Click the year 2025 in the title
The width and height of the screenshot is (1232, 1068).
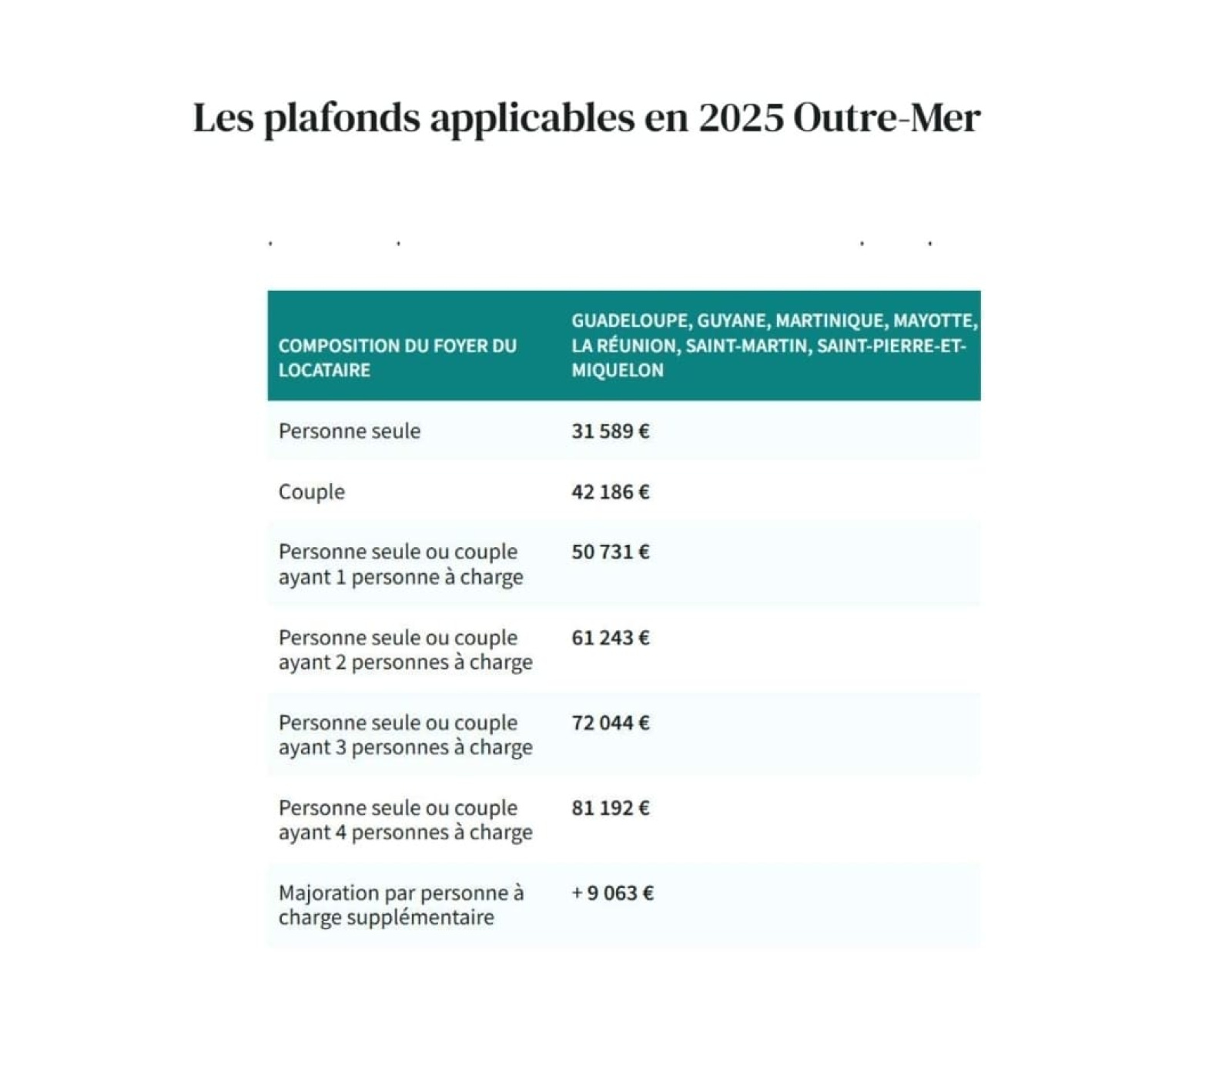point(741,118)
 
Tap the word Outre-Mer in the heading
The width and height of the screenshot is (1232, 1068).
point(886,118)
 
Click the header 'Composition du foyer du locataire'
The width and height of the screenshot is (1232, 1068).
point(397,358)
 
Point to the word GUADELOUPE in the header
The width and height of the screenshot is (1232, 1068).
point(630,321)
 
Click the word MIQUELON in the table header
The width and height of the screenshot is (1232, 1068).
point(617,370)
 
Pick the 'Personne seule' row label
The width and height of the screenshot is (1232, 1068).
point(350,431)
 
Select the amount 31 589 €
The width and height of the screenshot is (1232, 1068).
point(610,431)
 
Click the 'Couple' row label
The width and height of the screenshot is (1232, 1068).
point(311,492)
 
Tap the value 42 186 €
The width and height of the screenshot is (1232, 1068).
point(610,492)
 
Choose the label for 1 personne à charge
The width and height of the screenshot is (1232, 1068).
point(400,564)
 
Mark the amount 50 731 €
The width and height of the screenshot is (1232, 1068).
point(610,552)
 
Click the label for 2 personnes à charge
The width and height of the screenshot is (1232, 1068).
point(405,649)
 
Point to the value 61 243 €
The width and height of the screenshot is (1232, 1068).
point(610,638)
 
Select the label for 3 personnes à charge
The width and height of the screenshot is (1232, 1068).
point(405,735)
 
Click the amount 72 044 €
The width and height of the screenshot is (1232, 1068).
point(610,723)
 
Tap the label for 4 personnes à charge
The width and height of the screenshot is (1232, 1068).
point(405,819)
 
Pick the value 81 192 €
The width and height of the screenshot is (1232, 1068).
point(610,808)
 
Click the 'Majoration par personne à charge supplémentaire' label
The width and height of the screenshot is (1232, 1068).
point(400,905)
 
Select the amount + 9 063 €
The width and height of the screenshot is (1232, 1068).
point(612,893)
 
